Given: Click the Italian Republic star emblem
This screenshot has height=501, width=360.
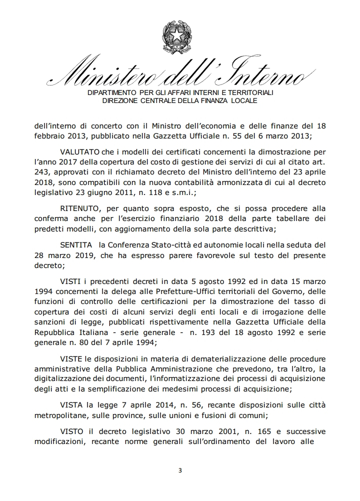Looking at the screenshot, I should (179, 37).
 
